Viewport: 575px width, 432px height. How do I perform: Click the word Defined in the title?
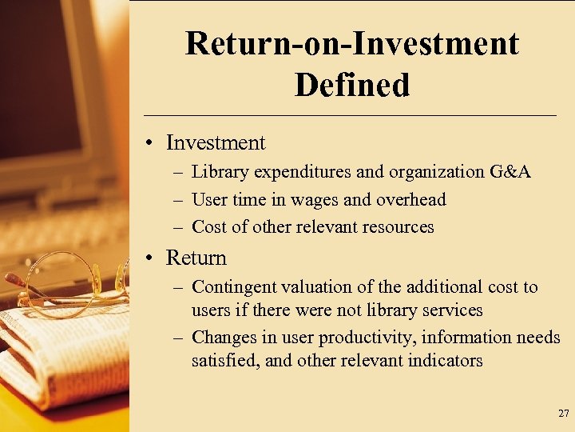pyautogui.click(x=351, y=85)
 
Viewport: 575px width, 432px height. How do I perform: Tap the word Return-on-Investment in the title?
pyautogui.click(x=351, y=43)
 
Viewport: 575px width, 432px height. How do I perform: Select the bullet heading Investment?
pyautogui.click(x=216, y=143)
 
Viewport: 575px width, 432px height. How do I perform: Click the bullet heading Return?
pyautogui.click(x=196, y=258)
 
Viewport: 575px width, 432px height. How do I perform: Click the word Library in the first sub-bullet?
pyautogui.click(x=220, y=172)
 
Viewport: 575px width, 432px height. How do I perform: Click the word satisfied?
pyautogui.click(x=224, y=361)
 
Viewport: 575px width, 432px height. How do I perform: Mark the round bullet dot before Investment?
pyautogui.click(x=152, y=144)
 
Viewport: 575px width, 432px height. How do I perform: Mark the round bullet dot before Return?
pyautogui.click(x=152, y=259)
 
